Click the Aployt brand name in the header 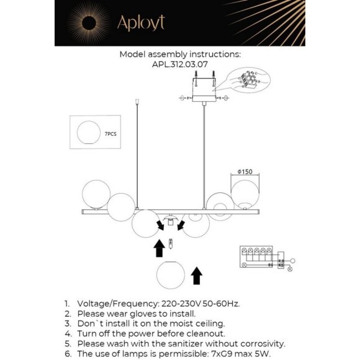click(x=141, y=23)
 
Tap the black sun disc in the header click(x=89, y=23)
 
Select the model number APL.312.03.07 click(x=180, y=65)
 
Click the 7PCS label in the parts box click(x=110, y=134)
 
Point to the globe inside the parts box click(x=89, y=133)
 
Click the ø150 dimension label click(x=245, y=171)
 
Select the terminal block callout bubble click(x=248, y=80)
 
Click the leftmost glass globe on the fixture click(x=96, y=194)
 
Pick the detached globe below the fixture click(x=171, y=275)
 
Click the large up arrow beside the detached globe click(x=197, y=276)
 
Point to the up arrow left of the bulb click(x=159, y=248)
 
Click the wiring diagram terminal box click(x=256, y=257)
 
